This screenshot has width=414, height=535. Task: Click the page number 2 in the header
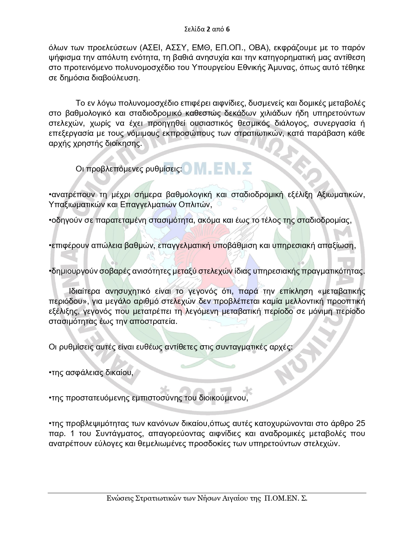[208, 30]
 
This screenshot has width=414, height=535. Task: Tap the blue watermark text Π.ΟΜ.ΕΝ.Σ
[208, 169]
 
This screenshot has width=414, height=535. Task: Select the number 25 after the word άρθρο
[360, 423]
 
